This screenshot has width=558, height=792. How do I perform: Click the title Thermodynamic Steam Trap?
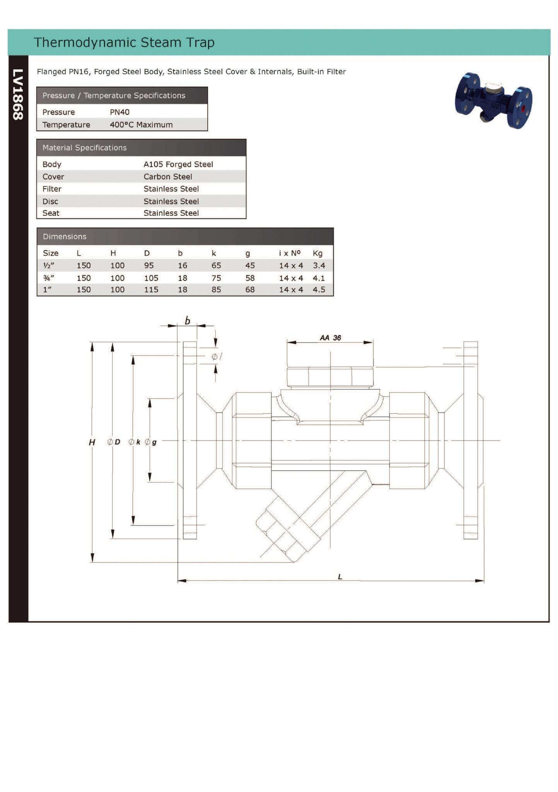tap(124, 42)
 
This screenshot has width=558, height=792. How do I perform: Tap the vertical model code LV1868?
tap(18, 94)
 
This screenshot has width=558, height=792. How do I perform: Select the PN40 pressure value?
tap(119, 112)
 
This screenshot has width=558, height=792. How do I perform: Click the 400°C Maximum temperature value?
tap(141, 125)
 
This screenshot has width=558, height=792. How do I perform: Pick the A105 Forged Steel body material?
tap(178, 164)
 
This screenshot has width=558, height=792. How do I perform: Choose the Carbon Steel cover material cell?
tap(167, 177)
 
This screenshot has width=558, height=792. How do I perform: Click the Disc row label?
tap(50, 201)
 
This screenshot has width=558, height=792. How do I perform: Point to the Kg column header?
tap(317, 253)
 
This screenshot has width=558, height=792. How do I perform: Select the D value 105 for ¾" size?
tap(151, 278)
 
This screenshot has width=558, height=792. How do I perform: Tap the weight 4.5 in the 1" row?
tap(319, 290)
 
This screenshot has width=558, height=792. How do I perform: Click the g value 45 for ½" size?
tap(250, 266)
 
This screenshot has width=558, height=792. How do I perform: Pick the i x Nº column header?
tap(290, 253)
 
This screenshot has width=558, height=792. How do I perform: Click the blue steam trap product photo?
tap(494, 101)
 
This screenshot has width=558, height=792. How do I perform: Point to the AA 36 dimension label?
tap(330, 338)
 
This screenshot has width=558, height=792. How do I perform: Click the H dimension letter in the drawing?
tap(92, 442)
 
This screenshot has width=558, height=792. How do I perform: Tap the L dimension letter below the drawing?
tap(340, 577)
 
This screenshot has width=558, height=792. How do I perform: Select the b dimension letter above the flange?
tap(188, 321)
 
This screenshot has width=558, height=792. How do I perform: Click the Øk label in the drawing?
tap(135, 442)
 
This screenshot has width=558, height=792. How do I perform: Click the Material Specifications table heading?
tap(84, 148)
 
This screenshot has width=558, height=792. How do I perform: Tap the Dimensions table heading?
tap(65, 237)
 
